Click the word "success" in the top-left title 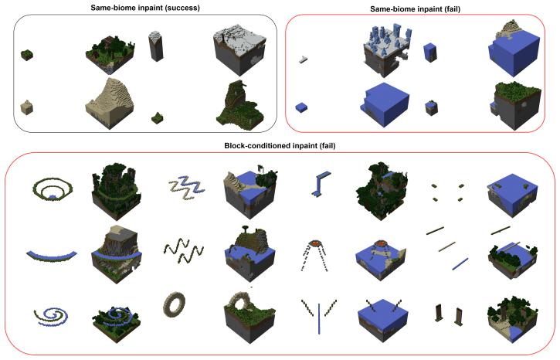[182, 8]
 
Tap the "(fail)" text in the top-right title [452, 9]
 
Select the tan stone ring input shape [175, 304]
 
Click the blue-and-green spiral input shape [51, 317]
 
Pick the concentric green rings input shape [53, 189]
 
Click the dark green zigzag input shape [184, 251]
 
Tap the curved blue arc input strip [52, 256]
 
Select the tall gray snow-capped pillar [156, 46]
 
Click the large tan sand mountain [110, 103]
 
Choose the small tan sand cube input [27, 107]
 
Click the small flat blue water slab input [301, 107]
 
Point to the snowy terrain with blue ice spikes [387, 50]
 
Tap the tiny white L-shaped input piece [304, 59]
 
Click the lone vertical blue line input [319, 318]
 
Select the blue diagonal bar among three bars [460, 264]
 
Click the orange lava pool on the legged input [315, 243]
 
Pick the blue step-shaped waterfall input [321, 185]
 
